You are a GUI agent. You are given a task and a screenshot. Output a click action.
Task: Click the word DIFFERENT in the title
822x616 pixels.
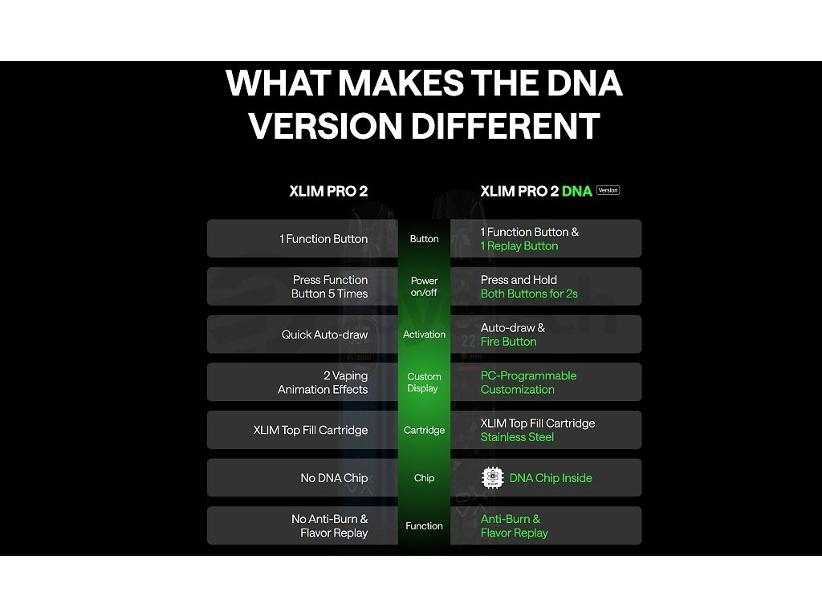[505, 126]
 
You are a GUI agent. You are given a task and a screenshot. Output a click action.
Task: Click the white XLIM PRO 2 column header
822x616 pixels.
[328, 191]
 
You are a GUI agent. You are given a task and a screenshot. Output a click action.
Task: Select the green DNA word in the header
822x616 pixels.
[576, 191]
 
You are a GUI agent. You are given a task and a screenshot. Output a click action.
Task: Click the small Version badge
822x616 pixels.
[608, 190]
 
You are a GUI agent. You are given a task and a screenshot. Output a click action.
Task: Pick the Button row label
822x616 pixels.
[424, 239]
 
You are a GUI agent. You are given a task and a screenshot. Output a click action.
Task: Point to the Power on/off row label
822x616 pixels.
[424, 286]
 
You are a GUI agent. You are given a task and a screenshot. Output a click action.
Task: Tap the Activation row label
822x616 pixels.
[424, 334]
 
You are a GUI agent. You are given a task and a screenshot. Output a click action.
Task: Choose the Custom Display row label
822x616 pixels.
[424, 383]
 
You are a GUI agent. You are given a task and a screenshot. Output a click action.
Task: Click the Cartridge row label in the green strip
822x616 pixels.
[424, 430]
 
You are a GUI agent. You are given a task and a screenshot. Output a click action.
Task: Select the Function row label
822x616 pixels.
[424, 526]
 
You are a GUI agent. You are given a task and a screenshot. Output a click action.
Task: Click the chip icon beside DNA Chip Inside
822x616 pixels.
[492, 478]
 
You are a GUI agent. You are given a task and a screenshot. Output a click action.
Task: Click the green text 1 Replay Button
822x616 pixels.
[519, 246]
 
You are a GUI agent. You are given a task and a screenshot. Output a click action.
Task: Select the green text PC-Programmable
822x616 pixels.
[528, 376]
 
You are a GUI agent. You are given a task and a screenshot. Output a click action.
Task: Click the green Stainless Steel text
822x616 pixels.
[517, 437]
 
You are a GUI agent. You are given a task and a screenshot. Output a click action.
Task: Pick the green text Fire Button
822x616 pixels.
[508, 342]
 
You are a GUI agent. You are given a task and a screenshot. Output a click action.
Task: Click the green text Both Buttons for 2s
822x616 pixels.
[529, 294]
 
